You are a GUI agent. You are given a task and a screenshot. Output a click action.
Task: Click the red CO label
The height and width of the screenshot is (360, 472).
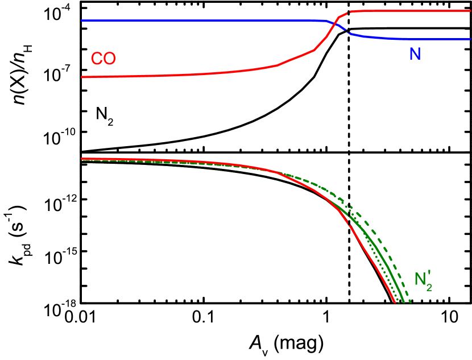tap(103, 59)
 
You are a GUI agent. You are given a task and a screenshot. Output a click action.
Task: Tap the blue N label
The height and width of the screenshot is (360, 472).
tap(415, 55)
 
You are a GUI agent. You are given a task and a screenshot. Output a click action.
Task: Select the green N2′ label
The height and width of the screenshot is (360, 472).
tap(423, 281)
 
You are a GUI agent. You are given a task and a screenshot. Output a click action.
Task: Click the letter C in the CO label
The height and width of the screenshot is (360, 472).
tap(97, 59)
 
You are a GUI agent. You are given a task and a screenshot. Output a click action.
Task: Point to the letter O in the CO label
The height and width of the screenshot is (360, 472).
tap(110, 59)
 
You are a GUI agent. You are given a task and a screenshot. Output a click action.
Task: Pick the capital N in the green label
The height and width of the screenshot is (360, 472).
tap(420, 279)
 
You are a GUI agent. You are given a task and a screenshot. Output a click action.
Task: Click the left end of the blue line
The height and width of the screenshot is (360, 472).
tap(82, 20)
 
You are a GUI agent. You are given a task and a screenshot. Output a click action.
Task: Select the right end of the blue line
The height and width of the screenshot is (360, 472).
tap(470, 39)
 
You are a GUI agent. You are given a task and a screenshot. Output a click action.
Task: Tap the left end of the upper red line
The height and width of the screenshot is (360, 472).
tap(82, 77)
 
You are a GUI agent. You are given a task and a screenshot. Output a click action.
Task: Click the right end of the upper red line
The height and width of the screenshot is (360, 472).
tap(470, 11)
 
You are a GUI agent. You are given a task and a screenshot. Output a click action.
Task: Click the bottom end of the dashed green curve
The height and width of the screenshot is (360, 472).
tap(411, 301)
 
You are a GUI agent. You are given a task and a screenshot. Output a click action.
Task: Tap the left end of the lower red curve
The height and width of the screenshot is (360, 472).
tap(82, 159)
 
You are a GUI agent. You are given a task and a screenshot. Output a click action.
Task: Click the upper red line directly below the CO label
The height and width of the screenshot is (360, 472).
tap(103, 76)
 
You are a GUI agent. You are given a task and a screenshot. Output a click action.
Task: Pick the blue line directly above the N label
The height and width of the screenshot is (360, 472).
tap(415, 39)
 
